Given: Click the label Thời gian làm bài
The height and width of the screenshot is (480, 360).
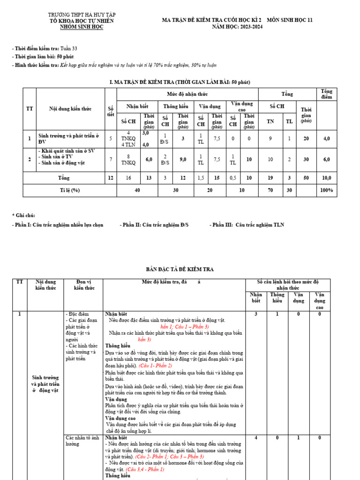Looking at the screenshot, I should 34,57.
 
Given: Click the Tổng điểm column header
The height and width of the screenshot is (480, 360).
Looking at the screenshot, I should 326,94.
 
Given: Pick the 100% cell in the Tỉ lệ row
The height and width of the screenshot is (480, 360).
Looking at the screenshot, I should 326,190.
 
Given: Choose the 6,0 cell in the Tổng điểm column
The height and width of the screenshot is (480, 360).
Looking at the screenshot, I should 326,159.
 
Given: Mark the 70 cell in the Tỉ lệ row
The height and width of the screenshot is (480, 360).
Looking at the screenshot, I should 270,190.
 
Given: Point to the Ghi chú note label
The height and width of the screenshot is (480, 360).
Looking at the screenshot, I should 23,215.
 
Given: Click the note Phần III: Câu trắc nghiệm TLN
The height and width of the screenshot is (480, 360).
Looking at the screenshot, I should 247,225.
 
